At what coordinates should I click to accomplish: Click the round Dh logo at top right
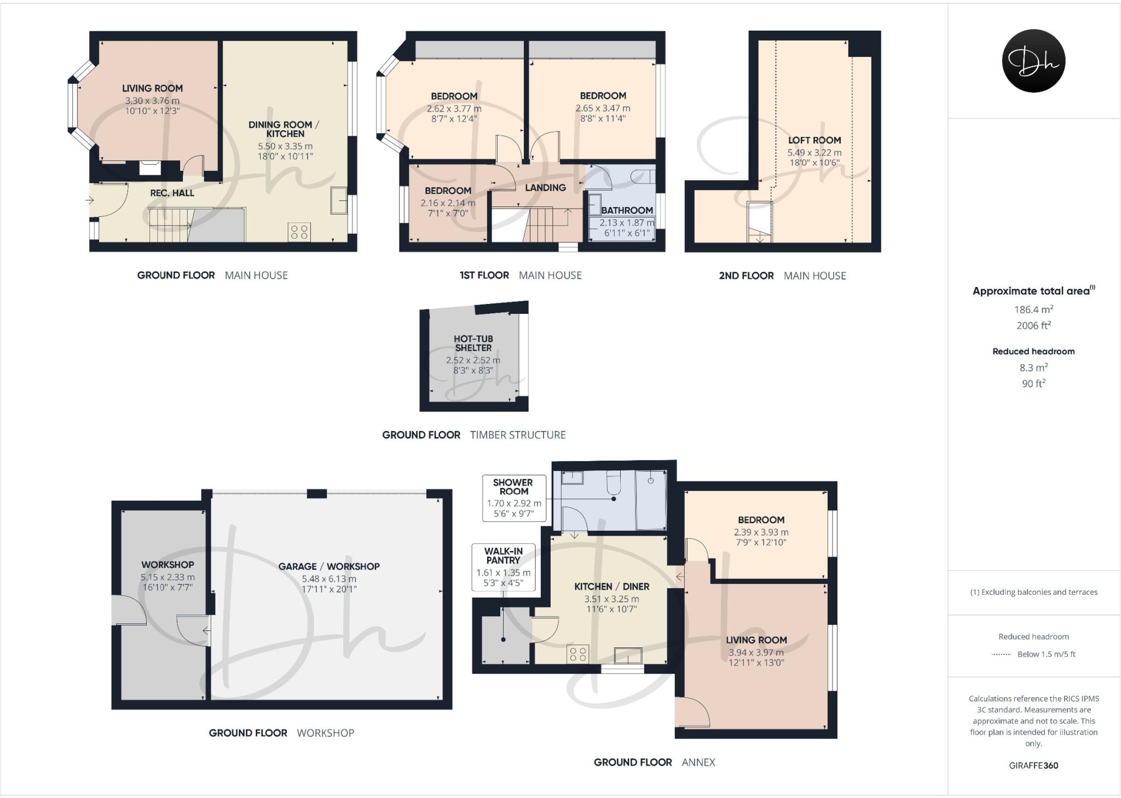(1033, 61)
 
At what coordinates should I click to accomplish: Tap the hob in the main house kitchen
(299, 231)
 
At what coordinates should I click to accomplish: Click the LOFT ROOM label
(814, 140)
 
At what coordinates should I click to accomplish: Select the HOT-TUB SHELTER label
(473, 343)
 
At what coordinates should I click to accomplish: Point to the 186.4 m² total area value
(1033, 309)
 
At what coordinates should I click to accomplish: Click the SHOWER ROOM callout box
(514, 498)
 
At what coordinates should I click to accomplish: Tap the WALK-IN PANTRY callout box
(503, 567)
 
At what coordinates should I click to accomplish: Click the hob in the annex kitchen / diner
(577, 654)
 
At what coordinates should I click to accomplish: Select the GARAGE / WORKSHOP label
(328, 566)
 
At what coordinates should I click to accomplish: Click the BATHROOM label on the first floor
(627, 210)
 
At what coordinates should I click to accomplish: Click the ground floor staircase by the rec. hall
(170, 225)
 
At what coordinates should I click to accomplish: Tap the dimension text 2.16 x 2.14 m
(448, 203)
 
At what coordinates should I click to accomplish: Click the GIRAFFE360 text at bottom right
(1033, 766)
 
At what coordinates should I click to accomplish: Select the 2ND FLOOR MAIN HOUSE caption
(782, 275)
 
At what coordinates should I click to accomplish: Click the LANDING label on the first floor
(545, 187)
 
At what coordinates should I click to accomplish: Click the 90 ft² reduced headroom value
(1033, 384)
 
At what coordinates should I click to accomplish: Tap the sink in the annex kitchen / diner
(628, 655)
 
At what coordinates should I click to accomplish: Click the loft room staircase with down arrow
(760, 222)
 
